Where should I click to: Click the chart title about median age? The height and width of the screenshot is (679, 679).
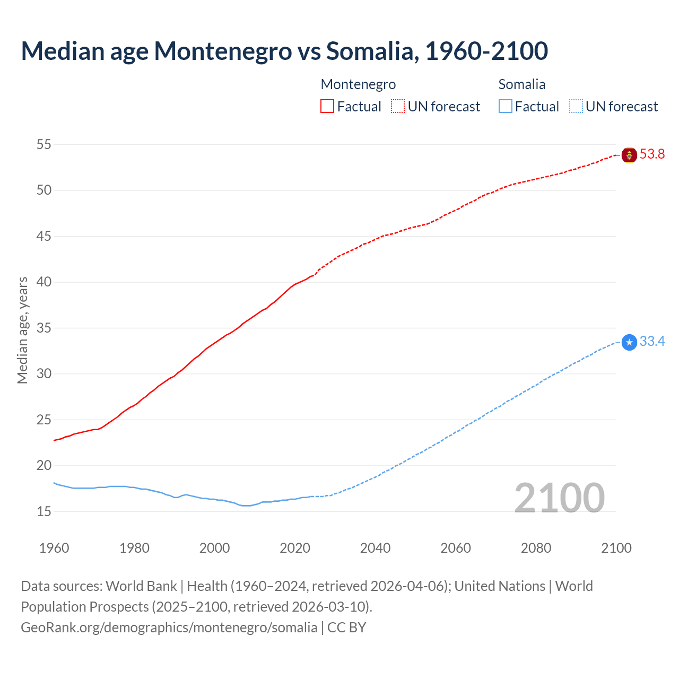[284, 51]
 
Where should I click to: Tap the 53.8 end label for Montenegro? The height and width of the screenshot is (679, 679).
[652, 154]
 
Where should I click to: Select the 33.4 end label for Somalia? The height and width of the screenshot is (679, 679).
[652, 342]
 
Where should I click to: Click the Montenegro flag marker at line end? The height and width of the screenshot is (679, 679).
[629, 155]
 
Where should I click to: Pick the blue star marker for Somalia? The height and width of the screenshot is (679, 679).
[629, 343]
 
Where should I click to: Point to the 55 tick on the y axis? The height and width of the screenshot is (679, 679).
[44, 144]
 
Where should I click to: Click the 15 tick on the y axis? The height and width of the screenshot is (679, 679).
[44, 511]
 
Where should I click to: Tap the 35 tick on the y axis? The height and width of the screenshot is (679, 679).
[44, 328]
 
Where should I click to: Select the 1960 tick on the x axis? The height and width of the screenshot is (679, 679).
[54, 548]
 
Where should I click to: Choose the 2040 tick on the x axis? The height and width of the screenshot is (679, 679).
[375, 548]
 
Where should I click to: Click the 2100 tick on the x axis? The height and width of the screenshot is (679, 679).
[616, 548]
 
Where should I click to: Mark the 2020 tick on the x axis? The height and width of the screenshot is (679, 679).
[295, 548]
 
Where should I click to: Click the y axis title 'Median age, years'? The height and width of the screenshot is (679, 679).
[22, 330]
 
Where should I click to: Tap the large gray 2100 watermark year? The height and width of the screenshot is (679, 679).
[559, 498]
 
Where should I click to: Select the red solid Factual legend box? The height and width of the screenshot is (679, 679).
[327, 107]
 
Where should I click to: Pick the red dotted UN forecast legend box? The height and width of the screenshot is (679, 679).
[398, 107]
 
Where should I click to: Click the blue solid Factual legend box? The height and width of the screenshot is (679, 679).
[506, 107]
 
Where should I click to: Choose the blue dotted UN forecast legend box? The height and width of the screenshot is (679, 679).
[576, 107]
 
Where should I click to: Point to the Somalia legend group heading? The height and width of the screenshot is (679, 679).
[522, 84]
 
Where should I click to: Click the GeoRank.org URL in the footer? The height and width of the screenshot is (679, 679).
[169, 628]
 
